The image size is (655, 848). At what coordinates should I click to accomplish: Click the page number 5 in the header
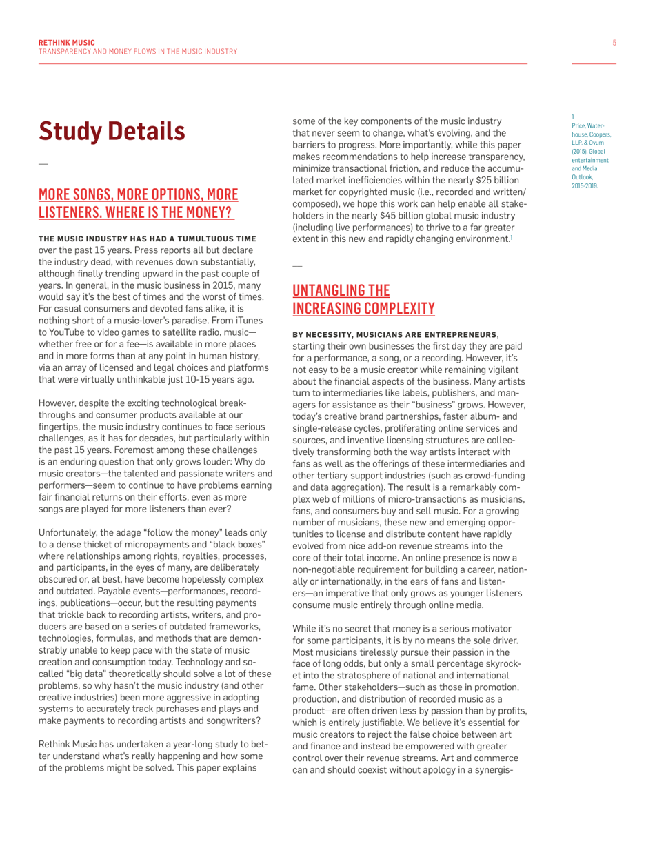click(614, 43)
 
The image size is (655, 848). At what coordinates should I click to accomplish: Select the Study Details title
click(112, 131)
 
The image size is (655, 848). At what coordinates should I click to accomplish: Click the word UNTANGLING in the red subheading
click(331, 290)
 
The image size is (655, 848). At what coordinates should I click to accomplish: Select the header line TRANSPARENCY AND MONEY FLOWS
click(138, 52)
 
